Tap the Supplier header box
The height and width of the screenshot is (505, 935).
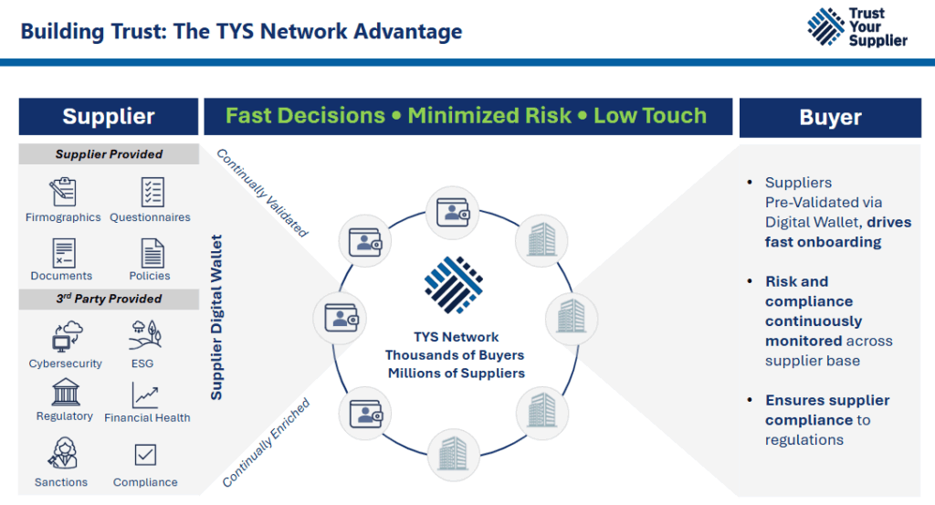tap(109, 116)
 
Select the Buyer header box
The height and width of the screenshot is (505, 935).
tap(830, 117)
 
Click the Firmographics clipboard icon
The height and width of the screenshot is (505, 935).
tap(63, 192)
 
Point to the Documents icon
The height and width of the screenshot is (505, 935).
tap(63, 252)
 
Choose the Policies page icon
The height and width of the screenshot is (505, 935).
tap(152, 252)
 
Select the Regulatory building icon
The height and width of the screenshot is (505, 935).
tap(64, 394)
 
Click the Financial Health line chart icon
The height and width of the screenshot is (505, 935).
tap(146, 395)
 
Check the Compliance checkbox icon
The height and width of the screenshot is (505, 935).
tap(145, 455)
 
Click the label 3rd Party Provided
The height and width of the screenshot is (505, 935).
tap(109, 299)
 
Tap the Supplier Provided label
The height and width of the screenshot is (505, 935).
tap(109, 154)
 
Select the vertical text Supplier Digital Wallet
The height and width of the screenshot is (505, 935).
tap(216, 318)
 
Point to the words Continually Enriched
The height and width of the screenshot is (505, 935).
tap(266, 442)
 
